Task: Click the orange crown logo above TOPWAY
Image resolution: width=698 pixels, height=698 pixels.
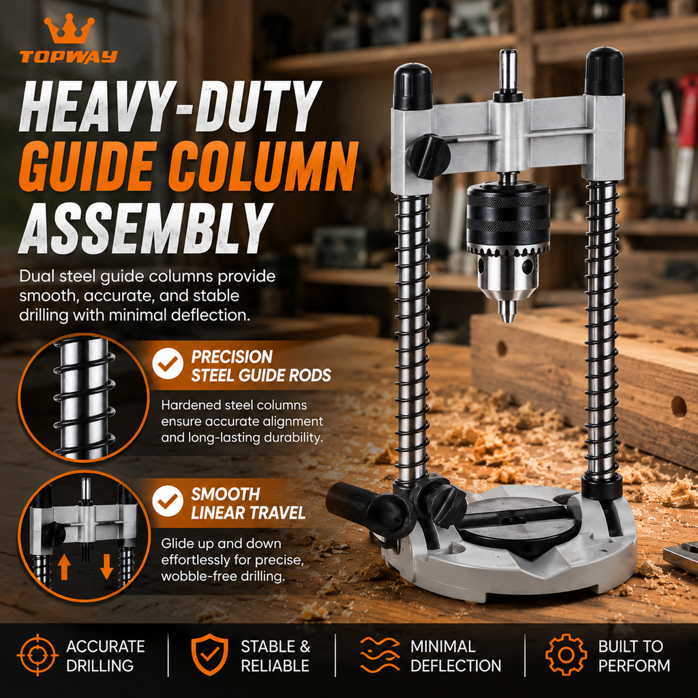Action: (69, 29)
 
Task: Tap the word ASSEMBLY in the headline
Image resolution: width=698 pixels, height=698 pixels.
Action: (145, 228)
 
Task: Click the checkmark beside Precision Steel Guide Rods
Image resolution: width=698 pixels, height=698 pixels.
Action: (168, 364)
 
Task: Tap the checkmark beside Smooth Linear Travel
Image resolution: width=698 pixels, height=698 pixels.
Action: (168, 501)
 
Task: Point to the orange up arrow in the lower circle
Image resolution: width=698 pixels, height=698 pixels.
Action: (64, 566)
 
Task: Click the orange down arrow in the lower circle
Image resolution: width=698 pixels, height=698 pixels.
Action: (106, 566)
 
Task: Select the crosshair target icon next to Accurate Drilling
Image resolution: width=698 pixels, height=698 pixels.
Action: (37, 655)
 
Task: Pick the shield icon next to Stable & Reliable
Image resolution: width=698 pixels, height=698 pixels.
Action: (210, 655)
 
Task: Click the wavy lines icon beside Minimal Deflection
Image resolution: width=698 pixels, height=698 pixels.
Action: (380, 655)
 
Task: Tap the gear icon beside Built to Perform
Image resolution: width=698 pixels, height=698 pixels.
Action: (566, 655)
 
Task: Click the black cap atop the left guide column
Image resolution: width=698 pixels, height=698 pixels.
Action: (412, 86)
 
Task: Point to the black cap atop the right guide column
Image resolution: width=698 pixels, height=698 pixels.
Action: (604, 71)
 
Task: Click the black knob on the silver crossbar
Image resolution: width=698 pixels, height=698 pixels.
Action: (429, 156)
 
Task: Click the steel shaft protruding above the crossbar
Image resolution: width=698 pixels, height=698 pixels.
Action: (507, 70)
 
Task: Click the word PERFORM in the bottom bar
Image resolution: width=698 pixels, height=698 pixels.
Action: (634, 665)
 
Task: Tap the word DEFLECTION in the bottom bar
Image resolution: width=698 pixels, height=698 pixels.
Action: (456, 665)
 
